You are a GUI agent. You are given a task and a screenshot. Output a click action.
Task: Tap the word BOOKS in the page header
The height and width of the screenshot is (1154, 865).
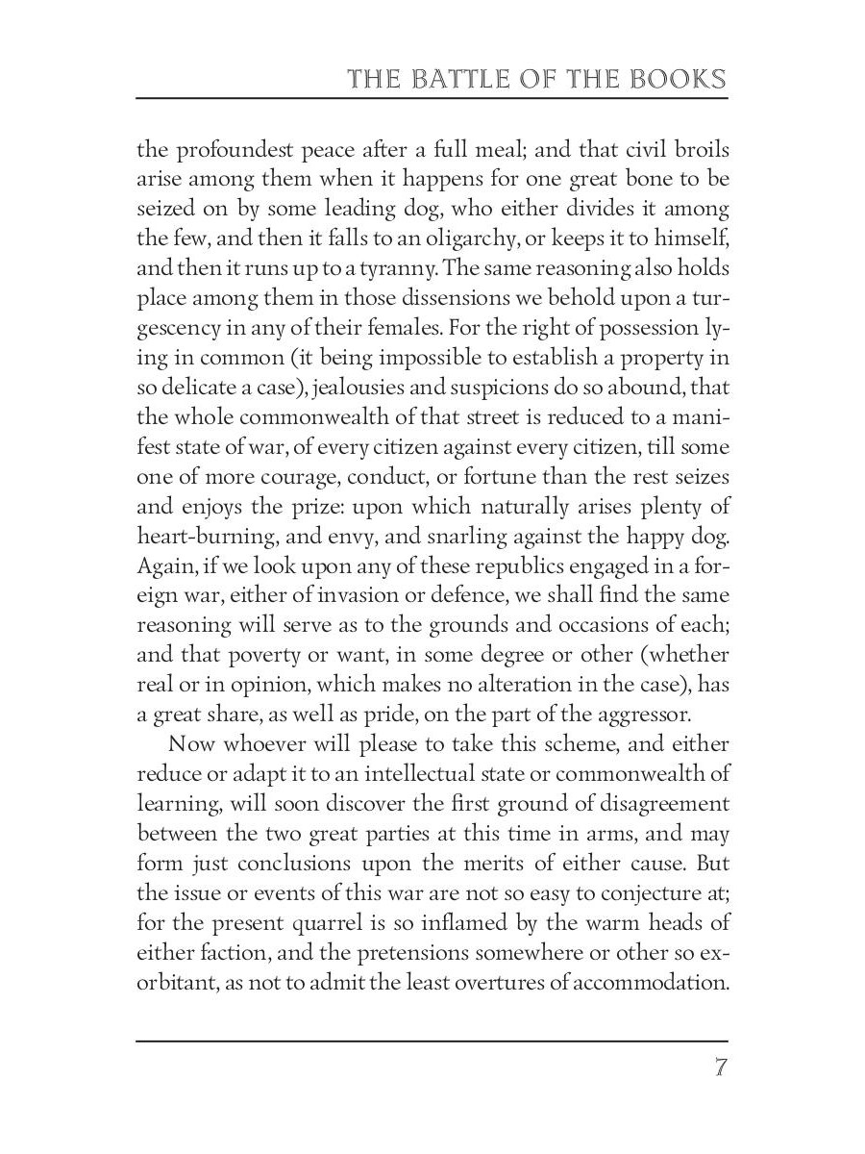coord(674,79)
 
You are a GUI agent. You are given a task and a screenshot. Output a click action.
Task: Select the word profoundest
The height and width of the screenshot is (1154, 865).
coord(225,150)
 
